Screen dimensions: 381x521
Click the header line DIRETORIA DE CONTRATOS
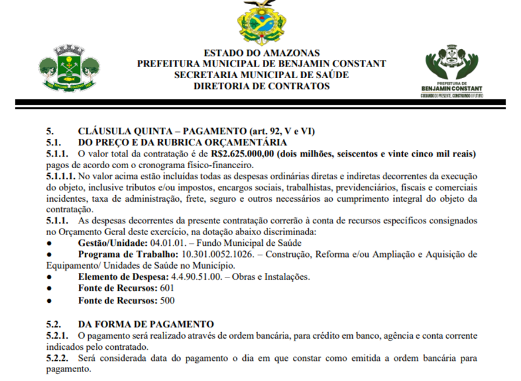262,86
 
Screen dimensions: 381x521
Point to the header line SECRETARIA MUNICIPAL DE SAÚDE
262,75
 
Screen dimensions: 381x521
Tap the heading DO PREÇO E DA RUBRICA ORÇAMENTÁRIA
182,142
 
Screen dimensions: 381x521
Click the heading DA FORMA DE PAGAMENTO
146,323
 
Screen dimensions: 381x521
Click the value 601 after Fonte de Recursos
167,288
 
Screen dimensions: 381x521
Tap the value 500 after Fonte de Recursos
167,300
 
